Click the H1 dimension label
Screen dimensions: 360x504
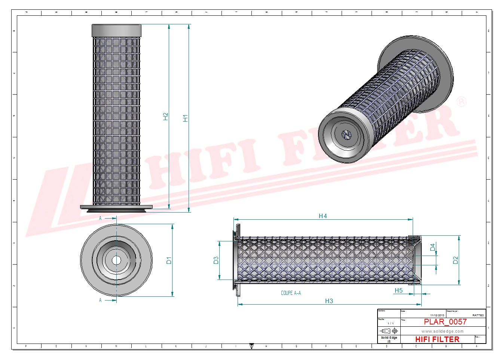[x=185, y=118]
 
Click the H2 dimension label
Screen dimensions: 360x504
[x=166, y=116]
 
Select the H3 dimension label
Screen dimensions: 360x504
[x=329, y=301]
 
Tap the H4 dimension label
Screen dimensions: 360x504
[x=323, y=216]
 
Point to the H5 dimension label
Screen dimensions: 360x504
[x=398, y=290]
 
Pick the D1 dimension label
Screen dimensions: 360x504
[x=169, y=260]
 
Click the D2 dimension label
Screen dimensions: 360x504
[x=455, y=260]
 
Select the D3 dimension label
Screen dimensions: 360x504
[x=216, y=260]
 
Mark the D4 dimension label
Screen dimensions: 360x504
[x=433, y=247]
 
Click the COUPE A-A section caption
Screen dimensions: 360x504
[x=291, y=293]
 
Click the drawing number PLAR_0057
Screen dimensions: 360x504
[x=445, y=322]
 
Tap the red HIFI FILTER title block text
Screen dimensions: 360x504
[x=437, y=339]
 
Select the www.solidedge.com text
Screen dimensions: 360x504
[x=442, y=331]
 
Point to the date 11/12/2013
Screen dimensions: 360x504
[x=437, y=315]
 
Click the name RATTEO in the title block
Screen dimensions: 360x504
[x=478, y=315]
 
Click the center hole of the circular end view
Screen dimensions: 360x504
[x=116, y=260]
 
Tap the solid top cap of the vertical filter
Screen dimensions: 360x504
[x=116, y=30]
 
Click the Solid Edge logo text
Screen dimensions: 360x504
[x=389, y=338]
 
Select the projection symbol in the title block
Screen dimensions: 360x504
[x=389, y=331]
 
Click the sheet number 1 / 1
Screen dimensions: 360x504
[x=390, y=323]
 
